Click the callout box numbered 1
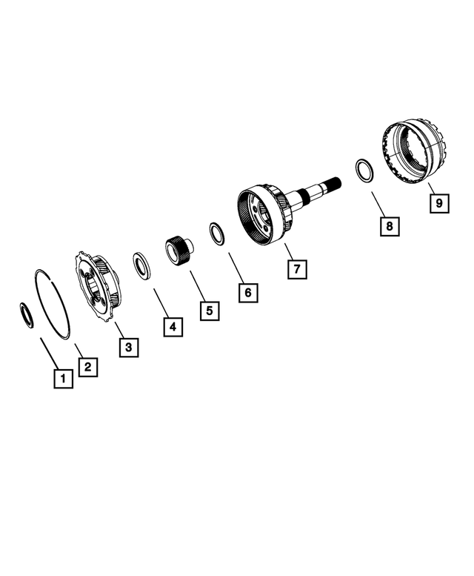point(63,380)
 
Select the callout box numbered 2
point(87,366)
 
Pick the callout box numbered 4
point(172,325)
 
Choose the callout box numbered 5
point(210,311)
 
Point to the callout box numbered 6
point(248,293)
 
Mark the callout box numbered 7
point(296,269)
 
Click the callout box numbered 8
point(387,226)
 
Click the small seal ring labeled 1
point(27,315)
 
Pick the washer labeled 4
point(141,265)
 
